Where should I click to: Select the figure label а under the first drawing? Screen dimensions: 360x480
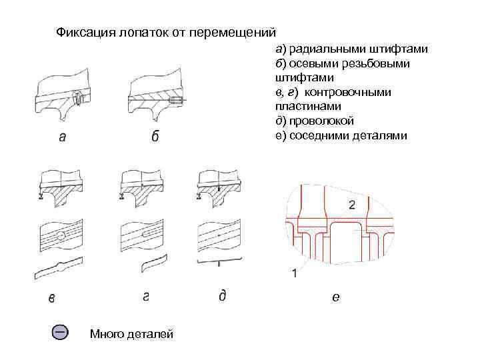coord(62,137)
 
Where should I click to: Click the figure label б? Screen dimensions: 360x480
coord(155,137)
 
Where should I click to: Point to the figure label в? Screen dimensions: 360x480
coord(52,298)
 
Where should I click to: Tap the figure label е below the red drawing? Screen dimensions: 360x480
coord(335,297)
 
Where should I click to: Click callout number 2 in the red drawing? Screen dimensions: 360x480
coord(351,203)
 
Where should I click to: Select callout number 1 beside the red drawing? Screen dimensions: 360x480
coord(294,273)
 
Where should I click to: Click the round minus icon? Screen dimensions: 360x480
coord(60,331)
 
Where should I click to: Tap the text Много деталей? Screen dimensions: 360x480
coord(131,333)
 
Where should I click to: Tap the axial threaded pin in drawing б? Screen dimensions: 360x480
coord(177,99)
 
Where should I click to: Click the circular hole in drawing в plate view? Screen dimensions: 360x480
coord(61,235)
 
